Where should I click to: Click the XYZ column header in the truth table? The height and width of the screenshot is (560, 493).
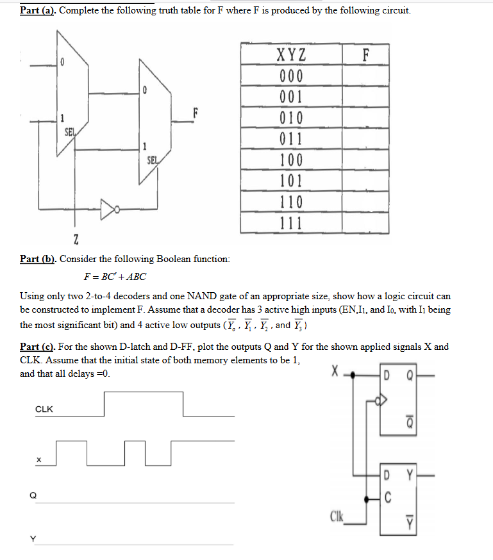click(291, 54)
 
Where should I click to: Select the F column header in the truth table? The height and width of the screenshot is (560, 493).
click(365, 54)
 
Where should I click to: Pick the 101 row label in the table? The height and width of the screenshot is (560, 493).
click(291, 181)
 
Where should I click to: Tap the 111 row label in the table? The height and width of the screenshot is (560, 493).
click(291, 223)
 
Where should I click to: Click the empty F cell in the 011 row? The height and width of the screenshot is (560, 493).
click(365, 138)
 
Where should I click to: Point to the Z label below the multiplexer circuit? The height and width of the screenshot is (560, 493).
click(76, 240)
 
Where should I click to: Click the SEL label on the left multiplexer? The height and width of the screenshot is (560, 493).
click(70, 132)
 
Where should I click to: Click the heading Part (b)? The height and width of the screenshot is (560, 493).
click(38, 259)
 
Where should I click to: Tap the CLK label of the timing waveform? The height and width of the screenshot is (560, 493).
click(44, 409)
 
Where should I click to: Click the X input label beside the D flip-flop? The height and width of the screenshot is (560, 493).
click(334, 372)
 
